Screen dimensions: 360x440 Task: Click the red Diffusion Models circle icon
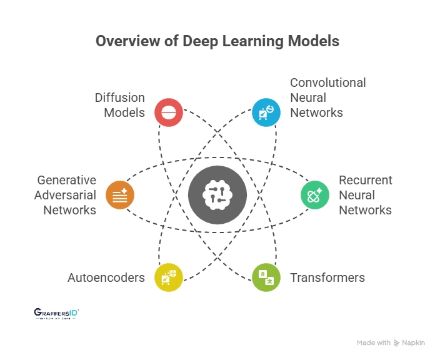(169, 112)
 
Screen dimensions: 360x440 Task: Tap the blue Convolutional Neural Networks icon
(266, 112)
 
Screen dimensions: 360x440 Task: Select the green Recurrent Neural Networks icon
(315, 194)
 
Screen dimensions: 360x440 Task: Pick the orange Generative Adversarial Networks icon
(120, 194)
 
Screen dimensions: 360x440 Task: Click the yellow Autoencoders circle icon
(169, 277)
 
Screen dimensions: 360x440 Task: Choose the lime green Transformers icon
(266, 277)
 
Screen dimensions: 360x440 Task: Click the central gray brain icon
(217, 195)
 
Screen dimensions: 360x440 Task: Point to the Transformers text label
(327, 277)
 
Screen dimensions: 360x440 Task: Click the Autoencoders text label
(106, 277)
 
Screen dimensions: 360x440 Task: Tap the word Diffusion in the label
(120, 97)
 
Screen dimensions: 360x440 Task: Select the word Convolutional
(328, 82)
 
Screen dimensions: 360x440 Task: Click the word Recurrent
(365, 180)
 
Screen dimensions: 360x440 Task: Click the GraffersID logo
(56, 313)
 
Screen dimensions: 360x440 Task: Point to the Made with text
(374, 342)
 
